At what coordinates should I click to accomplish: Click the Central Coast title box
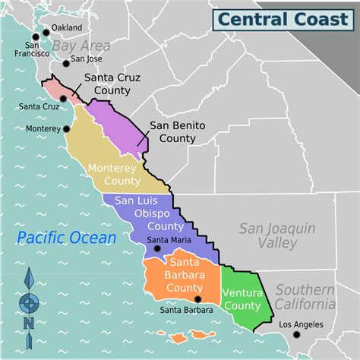[282, 18]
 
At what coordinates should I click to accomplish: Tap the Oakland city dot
[46, 31]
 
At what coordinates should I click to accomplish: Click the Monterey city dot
[66, 129]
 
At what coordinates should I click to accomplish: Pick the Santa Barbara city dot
[199, 301]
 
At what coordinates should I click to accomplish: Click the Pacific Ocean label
[68, 238]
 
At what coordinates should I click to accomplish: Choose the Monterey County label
[114, 174]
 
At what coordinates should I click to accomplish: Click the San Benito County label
[172, 132]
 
